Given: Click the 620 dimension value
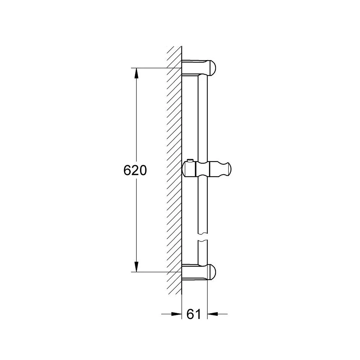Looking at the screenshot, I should click(x=135, y=170).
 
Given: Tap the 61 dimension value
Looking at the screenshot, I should click(x=194, y=314).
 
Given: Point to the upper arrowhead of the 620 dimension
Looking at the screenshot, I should click(x=136, y=73).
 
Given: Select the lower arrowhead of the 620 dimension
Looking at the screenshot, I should click(x=136, y=266).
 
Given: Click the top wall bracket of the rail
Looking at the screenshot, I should click(x=196, y=67).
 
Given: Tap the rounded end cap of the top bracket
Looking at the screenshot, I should click(x=212, y=67).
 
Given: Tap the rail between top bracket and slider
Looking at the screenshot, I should click(x=203, y=119).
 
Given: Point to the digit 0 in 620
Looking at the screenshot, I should click(x=143, y=170).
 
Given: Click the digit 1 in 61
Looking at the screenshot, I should click(x=198, y=314).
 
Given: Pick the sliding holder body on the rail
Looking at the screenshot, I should click(x=202, y=169).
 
